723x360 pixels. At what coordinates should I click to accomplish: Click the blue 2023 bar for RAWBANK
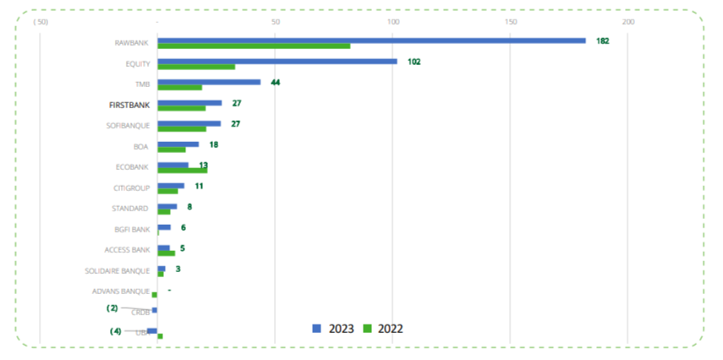click(371, 40)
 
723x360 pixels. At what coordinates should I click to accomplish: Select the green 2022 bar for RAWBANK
click(254, 46)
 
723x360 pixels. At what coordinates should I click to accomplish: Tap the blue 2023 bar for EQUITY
click(277, 61)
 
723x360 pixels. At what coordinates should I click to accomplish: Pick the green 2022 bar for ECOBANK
click(183, 170)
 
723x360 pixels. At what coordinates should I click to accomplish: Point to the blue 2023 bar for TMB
click(209, 82)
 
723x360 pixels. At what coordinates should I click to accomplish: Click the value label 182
click(602, 41)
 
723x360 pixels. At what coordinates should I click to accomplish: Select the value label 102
click(414, 62)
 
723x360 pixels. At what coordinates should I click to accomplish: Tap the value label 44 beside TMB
click(275, 82)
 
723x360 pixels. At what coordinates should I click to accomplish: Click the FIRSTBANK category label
click(129, 106)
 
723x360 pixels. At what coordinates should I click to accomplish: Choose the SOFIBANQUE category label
click(129, 126)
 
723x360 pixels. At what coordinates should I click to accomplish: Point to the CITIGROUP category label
click(131, 188)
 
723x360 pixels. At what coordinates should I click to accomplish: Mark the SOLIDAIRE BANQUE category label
click(118, 270)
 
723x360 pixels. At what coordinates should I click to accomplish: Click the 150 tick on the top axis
click(510, 20)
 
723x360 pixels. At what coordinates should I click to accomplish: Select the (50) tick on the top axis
click(40, 20)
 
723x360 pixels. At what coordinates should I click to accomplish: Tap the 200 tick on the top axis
click(627, 20)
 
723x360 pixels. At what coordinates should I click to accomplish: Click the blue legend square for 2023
click(317, 328)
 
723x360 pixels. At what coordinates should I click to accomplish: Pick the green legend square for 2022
click(368, 328)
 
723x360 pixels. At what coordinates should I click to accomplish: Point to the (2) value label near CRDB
click(112, 308)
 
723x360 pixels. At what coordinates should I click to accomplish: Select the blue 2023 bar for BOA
click(178, 144)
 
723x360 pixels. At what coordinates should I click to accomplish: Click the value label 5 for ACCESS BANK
click(183, 248)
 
